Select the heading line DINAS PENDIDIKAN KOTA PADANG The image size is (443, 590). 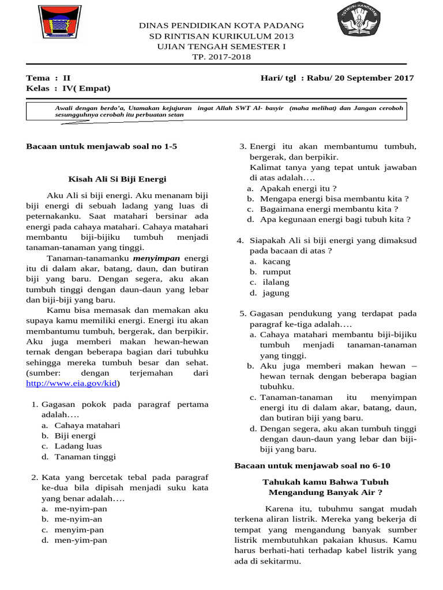(x=221, y=26)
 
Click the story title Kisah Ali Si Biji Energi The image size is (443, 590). (x=117, y=179)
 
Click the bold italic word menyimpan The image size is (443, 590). (x=156, y=258)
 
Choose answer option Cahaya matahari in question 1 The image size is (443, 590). (x=87, y=425)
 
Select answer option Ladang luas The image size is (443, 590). (x=78, y=446)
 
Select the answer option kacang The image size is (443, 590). (x=276, y=262)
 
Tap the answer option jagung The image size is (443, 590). (x=276, y=293)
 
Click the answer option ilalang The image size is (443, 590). (x=276, y=282)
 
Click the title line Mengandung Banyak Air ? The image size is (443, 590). (x=325, y=492)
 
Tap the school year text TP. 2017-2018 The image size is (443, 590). (x=221, y=56)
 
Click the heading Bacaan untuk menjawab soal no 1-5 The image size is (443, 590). (x=102, y=146)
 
